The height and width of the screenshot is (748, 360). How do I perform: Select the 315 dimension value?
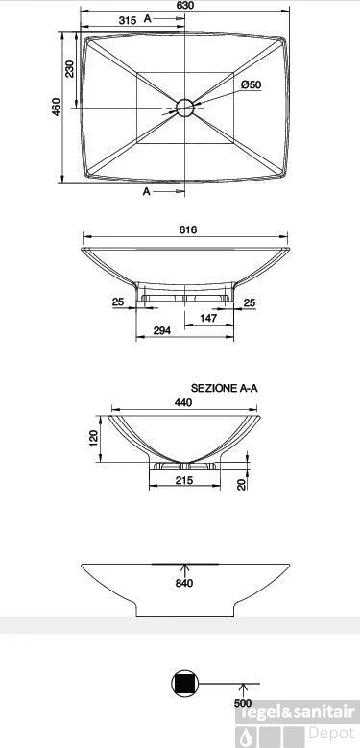click(x=128, y=20)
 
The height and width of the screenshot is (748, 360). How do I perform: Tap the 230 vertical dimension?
click(x=70, y=69)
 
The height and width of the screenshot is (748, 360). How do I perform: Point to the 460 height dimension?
click(x=57, y=107)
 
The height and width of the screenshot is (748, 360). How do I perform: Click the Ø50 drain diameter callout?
click(x=251, y=84)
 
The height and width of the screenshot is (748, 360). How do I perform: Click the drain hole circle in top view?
click(x=184, y=108)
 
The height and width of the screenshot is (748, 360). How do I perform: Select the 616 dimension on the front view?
click(x=189, y=229)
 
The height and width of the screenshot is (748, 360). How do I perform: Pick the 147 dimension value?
click(x=208, y=318)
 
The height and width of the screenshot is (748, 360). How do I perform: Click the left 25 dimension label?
click(x=118, y=302)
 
